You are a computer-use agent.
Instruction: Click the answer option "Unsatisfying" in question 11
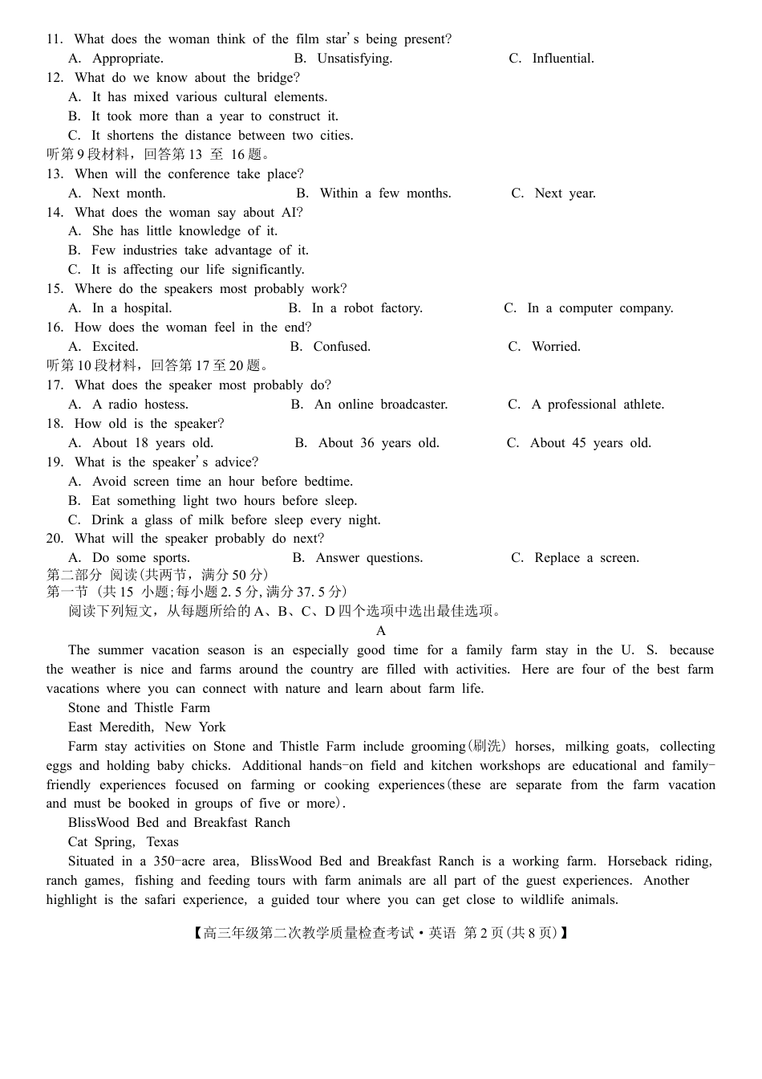(x=354, y=59)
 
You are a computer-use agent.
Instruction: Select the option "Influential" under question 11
(x=562, y=59)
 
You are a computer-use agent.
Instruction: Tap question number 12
(x=55, y=78)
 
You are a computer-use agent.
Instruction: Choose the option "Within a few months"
(x=385, y=193)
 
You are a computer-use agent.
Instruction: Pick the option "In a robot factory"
(x=367, y=308)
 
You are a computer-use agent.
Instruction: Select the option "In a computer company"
(x=600, y=308)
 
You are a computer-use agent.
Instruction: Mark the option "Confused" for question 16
(x=342, y=347)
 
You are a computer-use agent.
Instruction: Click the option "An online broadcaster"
(x=381, y=405)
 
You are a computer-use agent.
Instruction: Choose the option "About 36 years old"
(x=379, y=443)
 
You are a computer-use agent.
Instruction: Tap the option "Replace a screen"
(x=586, y=558)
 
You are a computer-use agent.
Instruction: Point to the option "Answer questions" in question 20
(x=369, y=558)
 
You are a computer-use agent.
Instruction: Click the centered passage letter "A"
(x=381, y=631)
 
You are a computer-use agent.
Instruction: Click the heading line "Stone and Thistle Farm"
(x=139, y=708)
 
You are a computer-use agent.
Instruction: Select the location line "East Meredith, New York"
(x=147, y=727)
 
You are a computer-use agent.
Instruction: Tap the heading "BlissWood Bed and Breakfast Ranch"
(x=179, y=823)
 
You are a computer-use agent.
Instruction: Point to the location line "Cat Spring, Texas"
(x=124, y=842)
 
